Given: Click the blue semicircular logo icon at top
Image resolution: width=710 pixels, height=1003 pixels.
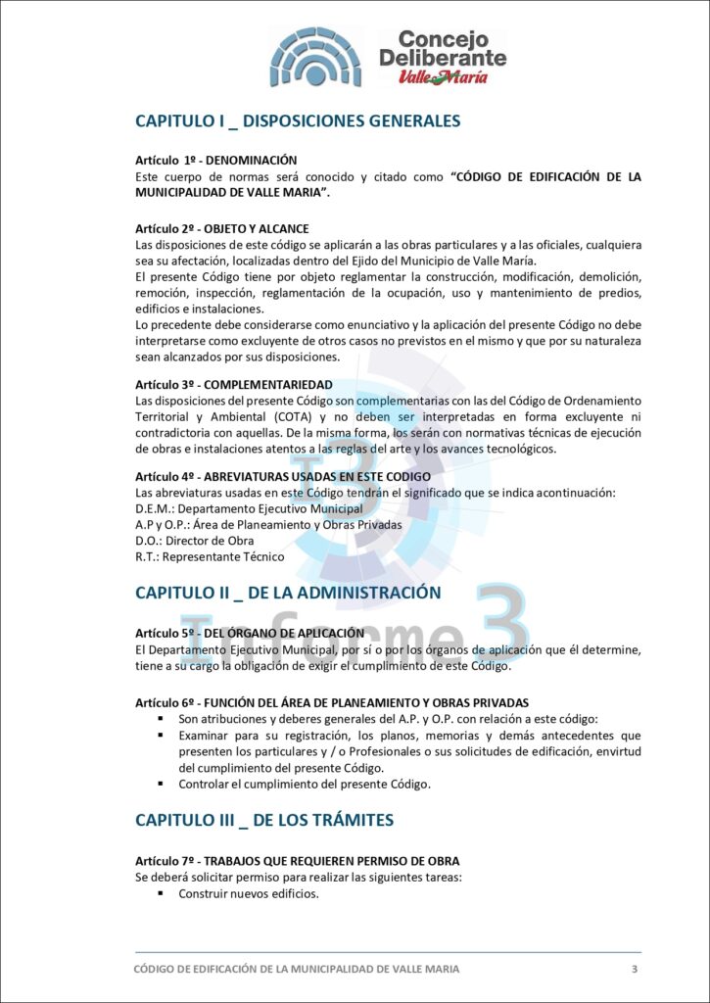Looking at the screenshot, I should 315,56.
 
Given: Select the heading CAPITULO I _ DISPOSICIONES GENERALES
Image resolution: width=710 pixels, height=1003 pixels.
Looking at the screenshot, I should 297,121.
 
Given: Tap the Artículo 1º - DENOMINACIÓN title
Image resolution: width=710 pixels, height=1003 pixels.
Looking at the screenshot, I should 215,160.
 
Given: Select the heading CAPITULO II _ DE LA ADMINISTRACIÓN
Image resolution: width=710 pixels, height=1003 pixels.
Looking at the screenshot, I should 287,593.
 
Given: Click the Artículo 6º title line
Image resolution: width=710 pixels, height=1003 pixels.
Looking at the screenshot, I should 331,702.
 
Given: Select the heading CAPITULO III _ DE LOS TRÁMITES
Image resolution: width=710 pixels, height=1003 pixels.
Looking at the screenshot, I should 264,819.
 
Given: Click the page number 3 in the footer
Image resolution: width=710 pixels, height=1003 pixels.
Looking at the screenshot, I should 635,969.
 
